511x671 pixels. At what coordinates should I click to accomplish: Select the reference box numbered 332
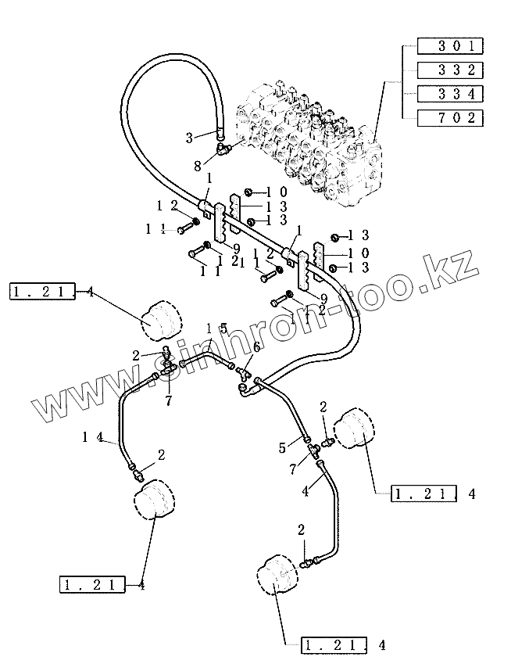(451, 69)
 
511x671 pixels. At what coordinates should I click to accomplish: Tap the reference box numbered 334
(451, 94)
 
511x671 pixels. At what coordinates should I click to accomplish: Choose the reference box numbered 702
(451, 119)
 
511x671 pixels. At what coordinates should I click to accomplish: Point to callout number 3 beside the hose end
(189, 138)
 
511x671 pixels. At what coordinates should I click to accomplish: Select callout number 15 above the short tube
(216, 329)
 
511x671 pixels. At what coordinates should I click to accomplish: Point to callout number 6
(256, 347)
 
